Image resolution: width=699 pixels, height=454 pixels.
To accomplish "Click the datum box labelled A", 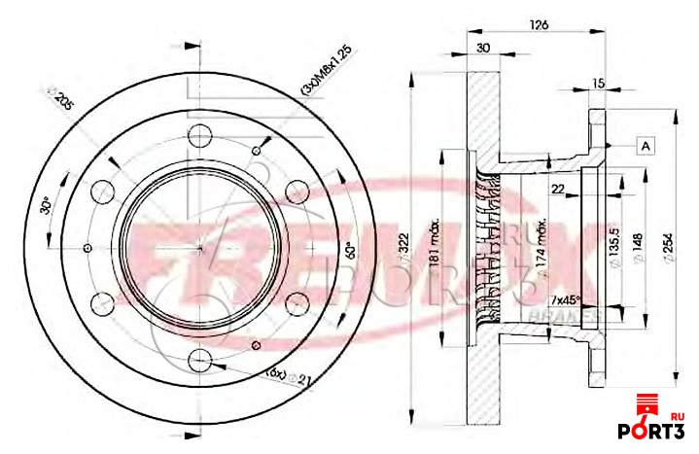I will pyautogui.click(x=645, y=146).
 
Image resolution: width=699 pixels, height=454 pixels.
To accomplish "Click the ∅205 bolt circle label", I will pyautogui.click(x=61, y=101).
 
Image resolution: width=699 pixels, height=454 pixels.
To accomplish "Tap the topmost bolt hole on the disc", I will pyautogui.click(x=197, y=135).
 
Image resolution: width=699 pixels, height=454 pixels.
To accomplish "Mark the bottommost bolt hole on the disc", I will pyautogui.click(x=199, y=362).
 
